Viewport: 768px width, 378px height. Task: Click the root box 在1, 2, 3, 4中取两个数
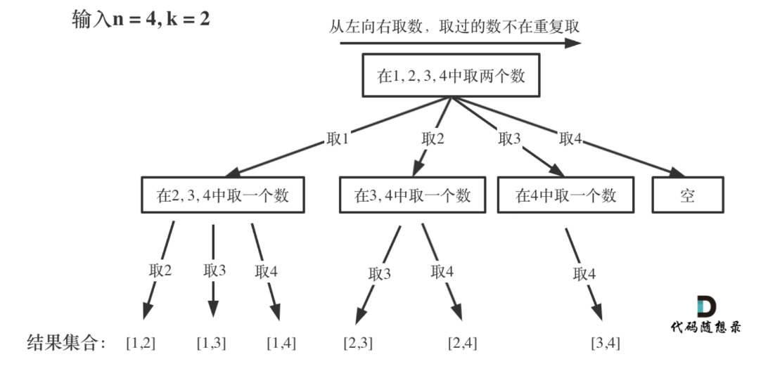pos(452,76)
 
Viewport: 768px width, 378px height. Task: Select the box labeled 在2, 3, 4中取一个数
pos(223,195)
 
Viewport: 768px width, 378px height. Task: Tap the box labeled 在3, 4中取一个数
pos(413,195)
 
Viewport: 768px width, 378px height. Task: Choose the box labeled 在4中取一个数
pos(566,195)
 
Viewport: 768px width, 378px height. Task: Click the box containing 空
pos(687,195)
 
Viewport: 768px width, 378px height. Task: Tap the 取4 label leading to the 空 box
pos(570,139)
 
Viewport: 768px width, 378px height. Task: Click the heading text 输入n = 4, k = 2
pos(141,19)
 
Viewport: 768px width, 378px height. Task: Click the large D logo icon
pos(705,307)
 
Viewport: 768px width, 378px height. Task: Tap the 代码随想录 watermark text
pos(705,327)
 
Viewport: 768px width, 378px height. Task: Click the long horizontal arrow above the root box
pos(461,44)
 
